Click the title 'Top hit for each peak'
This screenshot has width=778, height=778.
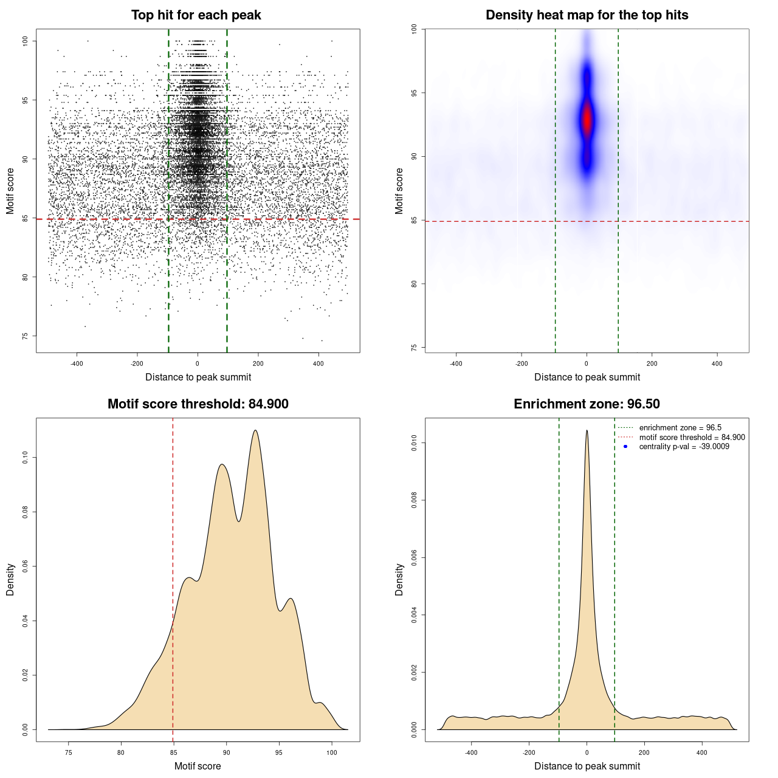[196, 15]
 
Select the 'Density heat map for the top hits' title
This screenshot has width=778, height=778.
[587, 15]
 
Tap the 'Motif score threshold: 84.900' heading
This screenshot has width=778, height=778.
[198, 404]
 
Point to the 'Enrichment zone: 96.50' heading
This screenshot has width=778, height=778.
[587, 404]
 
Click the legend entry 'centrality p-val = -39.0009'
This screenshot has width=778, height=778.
[684, 447]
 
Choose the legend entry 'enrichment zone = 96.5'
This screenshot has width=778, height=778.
[680, 428]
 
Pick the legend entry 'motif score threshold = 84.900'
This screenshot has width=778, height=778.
[692, 438]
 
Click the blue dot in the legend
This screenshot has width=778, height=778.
[625, 447]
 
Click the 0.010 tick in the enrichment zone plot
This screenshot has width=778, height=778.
[415, 443]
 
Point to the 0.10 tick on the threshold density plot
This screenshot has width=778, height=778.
[26, 457]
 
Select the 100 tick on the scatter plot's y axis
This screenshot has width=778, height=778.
[26, 41]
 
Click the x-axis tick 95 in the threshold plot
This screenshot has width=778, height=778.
[279, 752]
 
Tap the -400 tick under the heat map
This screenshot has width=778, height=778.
[456, 363]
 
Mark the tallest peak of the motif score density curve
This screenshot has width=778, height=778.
[255, 430]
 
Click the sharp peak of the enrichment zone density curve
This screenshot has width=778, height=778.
[587, 430]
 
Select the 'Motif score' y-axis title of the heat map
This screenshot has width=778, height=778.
[399, 191]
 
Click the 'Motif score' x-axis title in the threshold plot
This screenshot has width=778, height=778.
[198, 766]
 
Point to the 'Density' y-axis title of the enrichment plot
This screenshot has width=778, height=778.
[399, 579]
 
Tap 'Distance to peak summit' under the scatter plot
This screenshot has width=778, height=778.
[198, 377]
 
